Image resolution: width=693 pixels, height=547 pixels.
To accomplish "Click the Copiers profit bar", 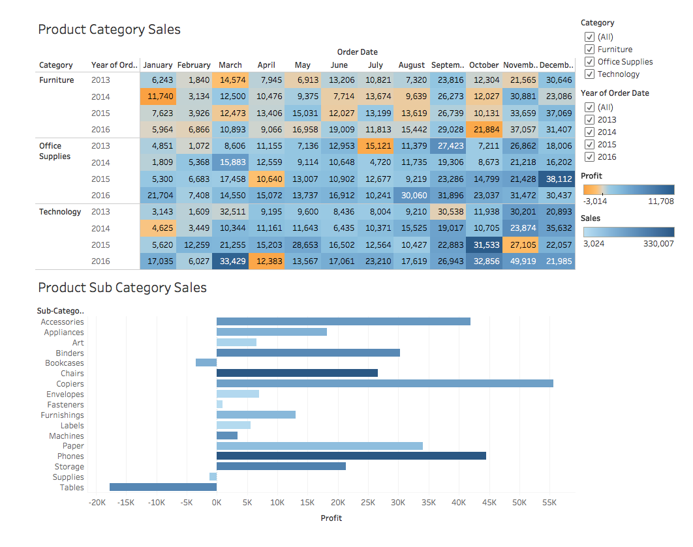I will click(385, 383).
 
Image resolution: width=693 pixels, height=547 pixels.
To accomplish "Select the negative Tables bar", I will click(163, 487).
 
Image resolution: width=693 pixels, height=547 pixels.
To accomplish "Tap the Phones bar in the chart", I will click(351, 456).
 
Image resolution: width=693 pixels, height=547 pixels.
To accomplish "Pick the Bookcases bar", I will click(206, 362).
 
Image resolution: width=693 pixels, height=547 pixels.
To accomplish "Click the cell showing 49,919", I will click(521, 261).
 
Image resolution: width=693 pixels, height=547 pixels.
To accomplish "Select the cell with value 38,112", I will click(557, 179).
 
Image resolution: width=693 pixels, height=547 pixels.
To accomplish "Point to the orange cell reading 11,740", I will click(158, 96).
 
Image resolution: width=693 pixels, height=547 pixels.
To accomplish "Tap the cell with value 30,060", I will click(411, 196).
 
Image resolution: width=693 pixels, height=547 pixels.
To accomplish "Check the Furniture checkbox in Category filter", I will click(589, 50).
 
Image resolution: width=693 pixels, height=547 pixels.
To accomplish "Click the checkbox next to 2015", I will click(589, 145).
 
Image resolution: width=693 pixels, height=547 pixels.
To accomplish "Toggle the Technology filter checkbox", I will click(589, 74).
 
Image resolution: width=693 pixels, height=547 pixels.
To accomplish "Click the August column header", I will click(411, 65).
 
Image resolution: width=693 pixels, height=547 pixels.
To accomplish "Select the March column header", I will click(230, 65).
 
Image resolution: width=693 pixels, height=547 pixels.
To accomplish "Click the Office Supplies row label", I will click(55, 151).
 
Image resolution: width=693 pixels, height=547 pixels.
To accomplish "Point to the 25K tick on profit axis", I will click(368, 503).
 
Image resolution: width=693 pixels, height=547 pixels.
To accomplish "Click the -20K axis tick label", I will click(96, 503).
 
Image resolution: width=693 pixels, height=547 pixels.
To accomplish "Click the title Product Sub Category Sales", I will click(122, 288).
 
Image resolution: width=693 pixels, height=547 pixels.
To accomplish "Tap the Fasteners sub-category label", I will click(65, 404).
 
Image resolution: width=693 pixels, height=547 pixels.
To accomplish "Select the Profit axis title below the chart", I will click(331, 518).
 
